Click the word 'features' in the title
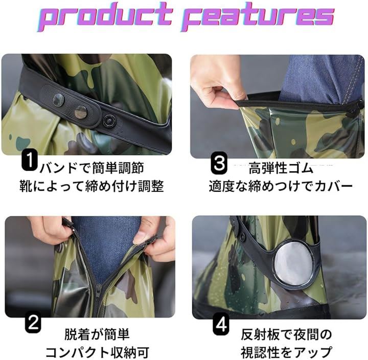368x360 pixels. click(258, 16)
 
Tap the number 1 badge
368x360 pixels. click(30, 160)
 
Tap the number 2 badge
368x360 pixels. click(33, 322)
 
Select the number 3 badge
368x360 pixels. click(219, 163)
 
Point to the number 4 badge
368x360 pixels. click(221, 325)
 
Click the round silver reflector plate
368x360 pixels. click(294, 262)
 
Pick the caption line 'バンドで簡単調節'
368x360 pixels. click(92, 168)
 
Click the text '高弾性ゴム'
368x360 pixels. click(281, 169)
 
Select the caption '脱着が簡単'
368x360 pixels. click(97, 334)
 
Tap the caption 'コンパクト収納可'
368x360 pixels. click(97, 352)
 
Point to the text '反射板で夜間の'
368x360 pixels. click(286, 334)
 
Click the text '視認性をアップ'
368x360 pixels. click(286, 352)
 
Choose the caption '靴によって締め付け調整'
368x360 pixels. click(91, 186)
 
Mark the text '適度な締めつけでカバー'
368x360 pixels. click(281, 187)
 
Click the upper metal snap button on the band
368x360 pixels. click(58, 100)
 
